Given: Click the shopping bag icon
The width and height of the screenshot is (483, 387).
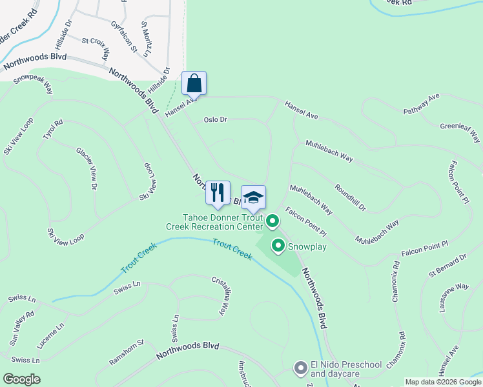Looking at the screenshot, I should [194, 83].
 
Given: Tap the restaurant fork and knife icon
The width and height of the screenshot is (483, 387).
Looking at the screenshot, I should [218, 192].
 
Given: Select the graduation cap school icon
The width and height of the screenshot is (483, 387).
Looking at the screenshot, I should [253, 197].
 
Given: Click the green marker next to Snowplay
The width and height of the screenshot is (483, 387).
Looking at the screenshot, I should [278, 246].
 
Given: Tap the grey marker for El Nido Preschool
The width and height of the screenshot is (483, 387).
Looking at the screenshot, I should [300, 368].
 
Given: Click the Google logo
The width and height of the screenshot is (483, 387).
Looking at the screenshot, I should [21, 379].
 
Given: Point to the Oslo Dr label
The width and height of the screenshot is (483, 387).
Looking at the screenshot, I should [216, 119].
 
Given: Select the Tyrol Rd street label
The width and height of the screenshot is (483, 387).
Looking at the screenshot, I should [53, 132].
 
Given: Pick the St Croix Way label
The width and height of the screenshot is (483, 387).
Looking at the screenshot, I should [95, 48].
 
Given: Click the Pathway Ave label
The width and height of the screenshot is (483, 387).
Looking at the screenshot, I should [421, 105].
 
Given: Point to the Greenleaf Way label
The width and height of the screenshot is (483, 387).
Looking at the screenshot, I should [461, 133].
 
